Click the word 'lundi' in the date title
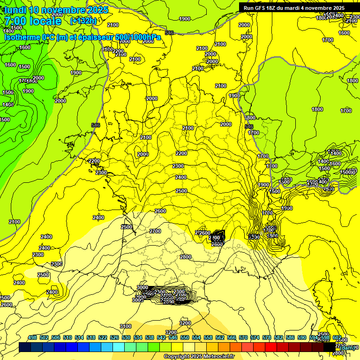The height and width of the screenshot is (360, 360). point(15,10)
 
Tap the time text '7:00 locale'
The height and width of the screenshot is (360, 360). point(33,21)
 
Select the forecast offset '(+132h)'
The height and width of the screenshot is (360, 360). point(83,21)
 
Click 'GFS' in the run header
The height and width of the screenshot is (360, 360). point(260,8)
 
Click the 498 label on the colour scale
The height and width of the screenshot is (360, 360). point(32,338)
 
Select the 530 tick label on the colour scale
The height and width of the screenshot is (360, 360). point(126,338)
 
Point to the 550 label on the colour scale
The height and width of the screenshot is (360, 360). point(185,338)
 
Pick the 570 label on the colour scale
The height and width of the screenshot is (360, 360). point(243,338)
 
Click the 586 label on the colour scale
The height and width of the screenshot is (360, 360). point(290,338)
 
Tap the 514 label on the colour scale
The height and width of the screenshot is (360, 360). point(79,338)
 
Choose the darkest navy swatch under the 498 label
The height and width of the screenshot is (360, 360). point(25,347)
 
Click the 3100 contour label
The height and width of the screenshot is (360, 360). point(126,326)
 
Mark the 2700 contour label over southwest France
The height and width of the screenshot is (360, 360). point(155,231)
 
